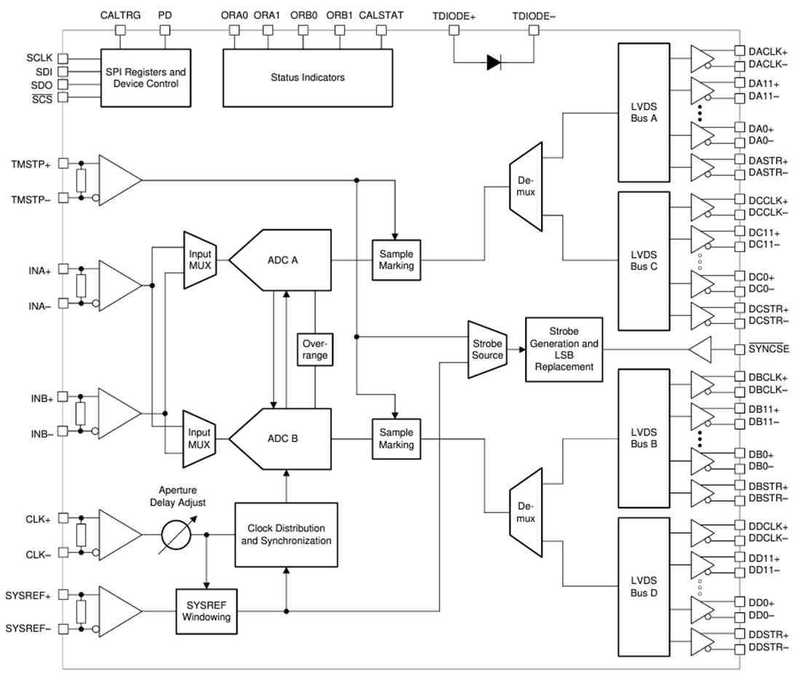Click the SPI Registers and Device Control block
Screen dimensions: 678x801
tap(145, 78)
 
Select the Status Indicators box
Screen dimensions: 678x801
tap(307, 77)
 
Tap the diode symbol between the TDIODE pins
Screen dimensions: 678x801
tap(494, 63)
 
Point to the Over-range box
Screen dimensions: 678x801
tap(315, 350)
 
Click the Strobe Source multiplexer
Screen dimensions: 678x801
tap(487, 350)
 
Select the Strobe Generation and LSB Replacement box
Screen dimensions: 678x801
tap(564, 350)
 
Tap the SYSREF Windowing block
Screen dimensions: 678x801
tap(207, 610)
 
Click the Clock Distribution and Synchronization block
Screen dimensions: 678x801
tap(285, 535)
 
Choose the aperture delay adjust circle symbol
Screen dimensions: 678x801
tap(175, 535)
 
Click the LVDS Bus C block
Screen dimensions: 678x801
tap(643, 261)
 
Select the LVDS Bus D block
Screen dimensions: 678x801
tap(643, 586)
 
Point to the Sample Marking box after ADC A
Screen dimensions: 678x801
tap(396, 260)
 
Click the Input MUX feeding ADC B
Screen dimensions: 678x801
tap(197, 438)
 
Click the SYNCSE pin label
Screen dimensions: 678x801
tap(768, 350)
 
